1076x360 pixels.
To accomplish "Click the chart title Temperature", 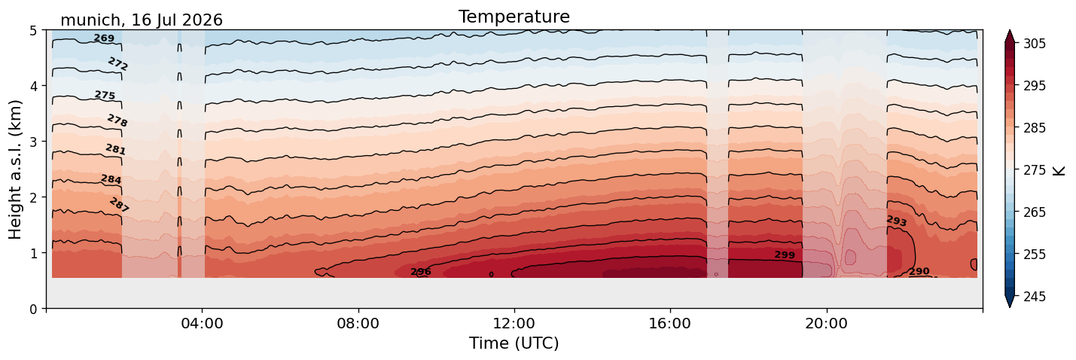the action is click(514, 17).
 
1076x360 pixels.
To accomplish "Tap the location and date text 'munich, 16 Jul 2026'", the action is click(142, 20).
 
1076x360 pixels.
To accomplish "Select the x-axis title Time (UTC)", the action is click(514, 343).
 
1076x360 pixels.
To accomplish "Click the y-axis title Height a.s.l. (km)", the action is click(15, 169).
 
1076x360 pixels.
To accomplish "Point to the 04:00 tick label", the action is click(203, 323).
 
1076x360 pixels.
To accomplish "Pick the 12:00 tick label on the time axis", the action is click(514, 323).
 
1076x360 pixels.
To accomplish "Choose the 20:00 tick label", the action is click(826, 323).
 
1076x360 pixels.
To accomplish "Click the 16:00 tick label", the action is click(670, 323).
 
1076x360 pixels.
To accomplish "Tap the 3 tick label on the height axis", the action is click(33, 142).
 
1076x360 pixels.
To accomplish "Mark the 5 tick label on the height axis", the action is click(33, 30).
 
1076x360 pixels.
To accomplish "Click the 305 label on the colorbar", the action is click(1034, 44).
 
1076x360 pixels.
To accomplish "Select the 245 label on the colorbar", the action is click(1034, 297).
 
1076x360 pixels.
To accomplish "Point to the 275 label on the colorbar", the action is click(1034, 170).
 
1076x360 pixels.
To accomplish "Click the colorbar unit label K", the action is click(1058, 170).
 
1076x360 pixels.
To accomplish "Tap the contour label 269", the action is click(104, 38).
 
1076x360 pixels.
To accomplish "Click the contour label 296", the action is click(421, 272).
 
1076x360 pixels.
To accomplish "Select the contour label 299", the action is click(785, 255).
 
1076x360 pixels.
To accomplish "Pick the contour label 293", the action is click(896, 221).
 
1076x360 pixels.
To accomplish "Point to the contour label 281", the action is click(115, 149).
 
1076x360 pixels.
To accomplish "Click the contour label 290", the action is click(919, 272).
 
